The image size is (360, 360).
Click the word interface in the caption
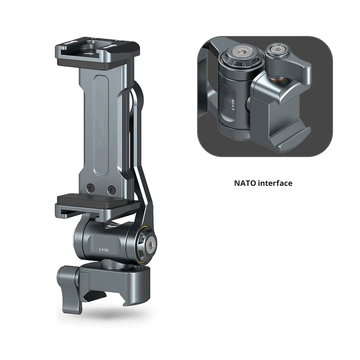275,183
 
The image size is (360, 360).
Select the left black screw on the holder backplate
91,188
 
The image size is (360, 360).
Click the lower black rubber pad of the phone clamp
94,199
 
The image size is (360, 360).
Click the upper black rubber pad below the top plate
96,65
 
